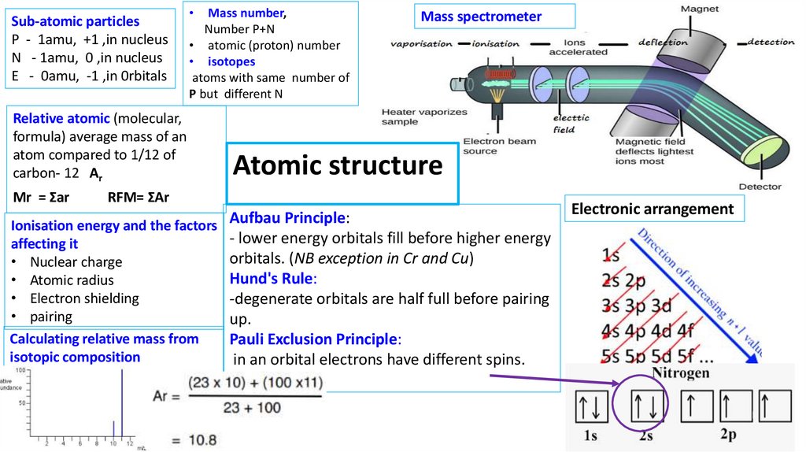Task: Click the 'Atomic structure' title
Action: (x=338, y=166)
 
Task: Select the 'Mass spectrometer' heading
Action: (x=481, y=17)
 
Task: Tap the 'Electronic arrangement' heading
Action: (x=653, y=209)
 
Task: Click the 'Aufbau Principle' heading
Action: (x=287, y=217)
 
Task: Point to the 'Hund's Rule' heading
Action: (x=272, y=278)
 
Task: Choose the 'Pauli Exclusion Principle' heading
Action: (x=314, y=339)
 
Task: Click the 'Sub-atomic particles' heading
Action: (x=76, y=21)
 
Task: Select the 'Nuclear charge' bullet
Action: (x=76, y=262)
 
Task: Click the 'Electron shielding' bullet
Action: (x=84, y=298)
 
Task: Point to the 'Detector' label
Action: (x=760, y=187)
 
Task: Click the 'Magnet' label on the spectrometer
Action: (x=699, y=9)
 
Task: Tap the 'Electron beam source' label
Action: (x=499, y=146)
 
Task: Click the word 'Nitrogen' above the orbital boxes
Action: (x=682, y=372)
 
